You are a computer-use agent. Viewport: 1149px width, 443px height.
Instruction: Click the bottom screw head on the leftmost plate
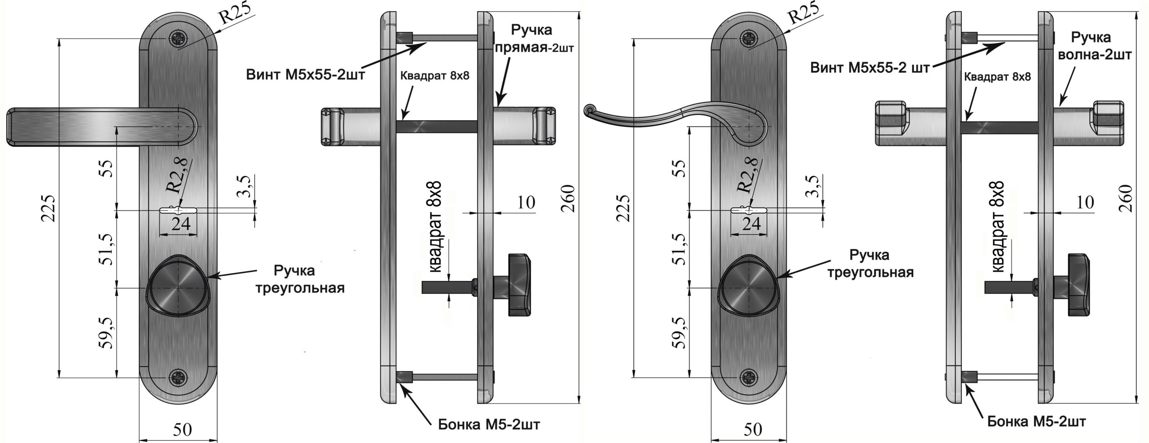click(179, 377)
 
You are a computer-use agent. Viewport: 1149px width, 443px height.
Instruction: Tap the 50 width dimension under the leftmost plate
click(183, 430)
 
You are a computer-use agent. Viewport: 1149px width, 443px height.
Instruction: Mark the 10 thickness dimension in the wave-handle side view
click(1085, 202)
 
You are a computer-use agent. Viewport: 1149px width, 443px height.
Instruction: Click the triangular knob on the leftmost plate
click(178, 286)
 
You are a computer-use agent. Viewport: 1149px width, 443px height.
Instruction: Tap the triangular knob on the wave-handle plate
click(748, 286)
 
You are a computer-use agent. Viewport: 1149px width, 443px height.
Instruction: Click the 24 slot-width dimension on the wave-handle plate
click(751, 224)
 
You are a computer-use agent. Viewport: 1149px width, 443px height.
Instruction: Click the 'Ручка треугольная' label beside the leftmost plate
click(300, 279)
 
